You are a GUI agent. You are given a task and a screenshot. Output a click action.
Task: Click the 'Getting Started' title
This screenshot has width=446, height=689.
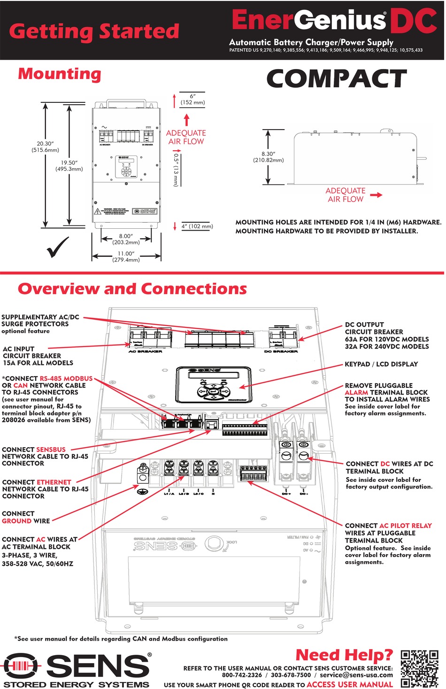pos(94,31)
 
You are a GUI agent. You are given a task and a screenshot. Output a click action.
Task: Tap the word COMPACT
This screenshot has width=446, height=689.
pos(336,79)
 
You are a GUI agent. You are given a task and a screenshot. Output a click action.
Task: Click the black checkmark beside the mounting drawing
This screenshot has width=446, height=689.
pos(58,247)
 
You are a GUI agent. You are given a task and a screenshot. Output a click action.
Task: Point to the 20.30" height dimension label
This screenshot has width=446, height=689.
pos(45,147)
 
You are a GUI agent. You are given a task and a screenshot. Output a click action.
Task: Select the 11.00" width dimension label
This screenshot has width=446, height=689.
pos(126,256)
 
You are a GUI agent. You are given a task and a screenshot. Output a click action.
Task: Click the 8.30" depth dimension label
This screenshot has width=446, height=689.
pos(268,157)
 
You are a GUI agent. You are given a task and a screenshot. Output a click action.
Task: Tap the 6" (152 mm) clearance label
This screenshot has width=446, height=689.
pos(192,99)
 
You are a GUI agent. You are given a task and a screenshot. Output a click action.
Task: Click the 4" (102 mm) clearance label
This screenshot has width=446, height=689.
pos(197,226)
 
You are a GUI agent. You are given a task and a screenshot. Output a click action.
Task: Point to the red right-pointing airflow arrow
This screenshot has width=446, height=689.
pos(376,195)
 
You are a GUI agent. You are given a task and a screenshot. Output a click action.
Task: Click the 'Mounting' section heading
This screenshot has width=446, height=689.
pos(60,74)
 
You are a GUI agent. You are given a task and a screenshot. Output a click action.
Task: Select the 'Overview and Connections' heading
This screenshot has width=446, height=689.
pos(132,289)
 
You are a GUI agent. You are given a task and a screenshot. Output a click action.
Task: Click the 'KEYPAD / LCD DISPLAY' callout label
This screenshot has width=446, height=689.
pos(381,364)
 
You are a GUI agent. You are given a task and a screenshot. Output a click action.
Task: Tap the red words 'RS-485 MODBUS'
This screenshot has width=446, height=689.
pos(66,378)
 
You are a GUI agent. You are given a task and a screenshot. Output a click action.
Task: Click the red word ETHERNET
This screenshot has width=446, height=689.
pos(54,482)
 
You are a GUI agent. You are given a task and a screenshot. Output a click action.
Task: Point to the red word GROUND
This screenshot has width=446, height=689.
pos(17,521)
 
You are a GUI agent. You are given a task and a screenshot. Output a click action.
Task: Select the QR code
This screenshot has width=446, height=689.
pos(419,669)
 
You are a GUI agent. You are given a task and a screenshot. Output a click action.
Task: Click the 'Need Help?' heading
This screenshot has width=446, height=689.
pos(344,655)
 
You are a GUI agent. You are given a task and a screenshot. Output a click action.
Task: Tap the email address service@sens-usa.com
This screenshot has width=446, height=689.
pos(356,675)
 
